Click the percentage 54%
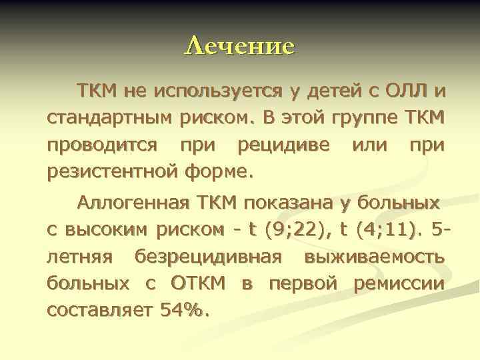pyautogui.click(x=184, y=311)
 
